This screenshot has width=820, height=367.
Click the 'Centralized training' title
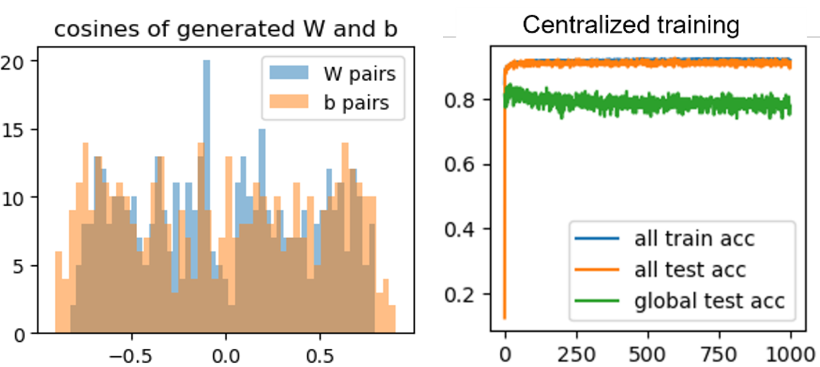(631, 25)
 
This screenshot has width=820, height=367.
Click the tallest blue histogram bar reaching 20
(206, 189)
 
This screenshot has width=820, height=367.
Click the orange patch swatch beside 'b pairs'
(289, 102)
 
